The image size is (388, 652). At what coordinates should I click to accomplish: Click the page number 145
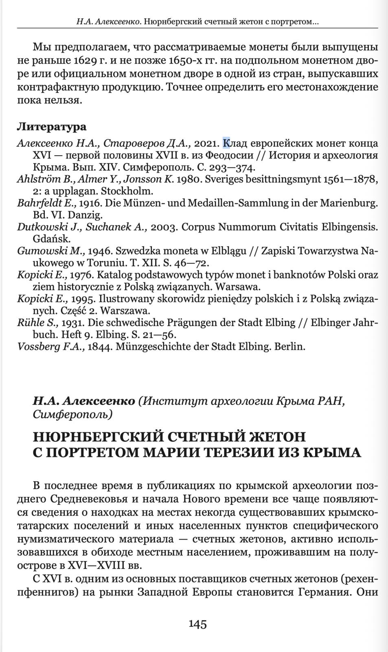pos(197,624)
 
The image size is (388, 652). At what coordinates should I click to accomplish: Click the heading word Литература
pos(52,127)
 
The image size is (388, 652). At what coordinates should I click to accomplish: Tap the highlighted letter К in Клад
pos(226,143)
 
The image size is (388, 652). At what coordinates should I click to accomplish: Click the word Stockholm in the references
pos(127,191)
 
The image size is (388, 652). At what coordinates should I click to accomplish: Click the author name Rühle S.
pos(38,323)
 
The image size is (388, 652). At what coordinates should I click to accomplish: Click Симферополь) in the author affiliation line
pos(73,414)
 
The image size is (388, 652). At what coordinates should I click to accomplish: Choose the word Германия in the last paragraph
pos(324,591)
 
